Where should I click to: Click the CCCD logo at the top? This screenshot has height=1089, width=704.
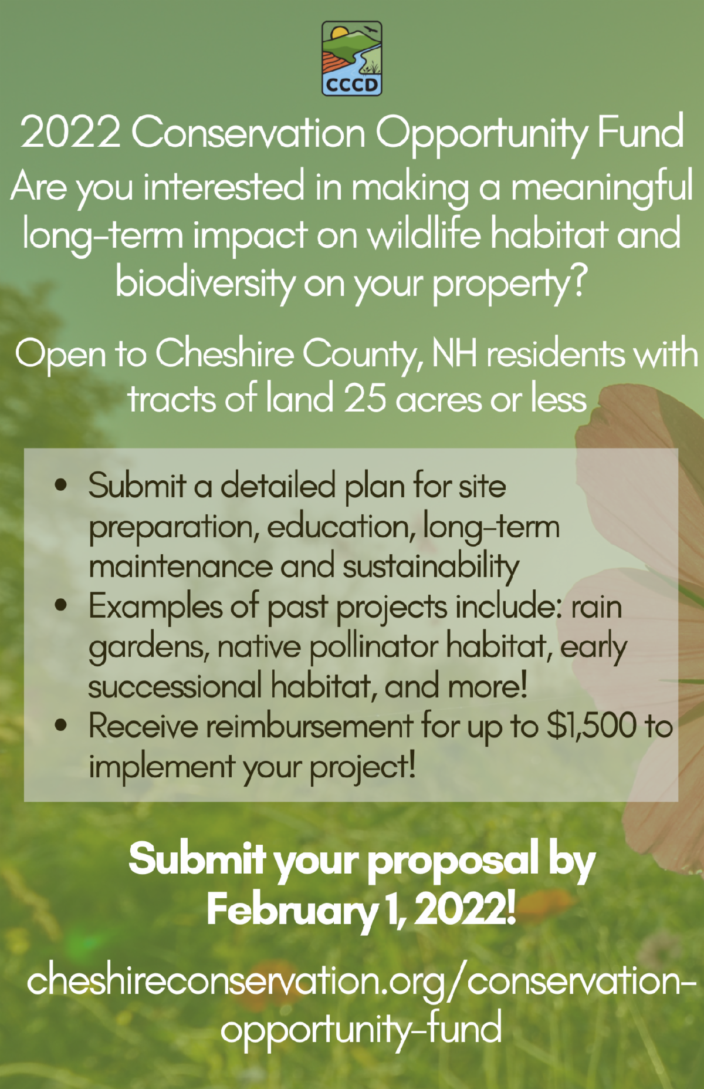pyautogui.click(x=352, y=58)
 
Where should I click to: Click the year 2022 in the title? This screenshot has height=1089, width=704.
pyautogui.click(x=70, y=132)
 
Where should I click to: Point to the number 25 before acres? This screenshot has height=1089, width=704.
pyautogui.click(x=365, y=398)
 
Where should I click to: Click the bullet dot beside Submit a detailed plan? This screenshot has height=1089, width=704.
pyautogui.click(x=60, y=486)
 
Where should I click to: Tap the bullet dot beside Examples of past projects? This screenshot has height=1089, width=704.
pyautogui.click(x=60, y=605)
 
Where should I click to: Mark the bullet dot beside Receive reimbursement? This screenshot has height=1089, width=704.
pyautogui.click(x=60, y=726)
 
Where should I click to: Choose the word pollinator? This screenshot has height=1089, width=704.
pyautogui.click(x=374, y=647)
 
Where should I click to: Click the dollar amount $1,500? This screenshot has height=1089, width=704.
pyautogui.click(x=591, y=726)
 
